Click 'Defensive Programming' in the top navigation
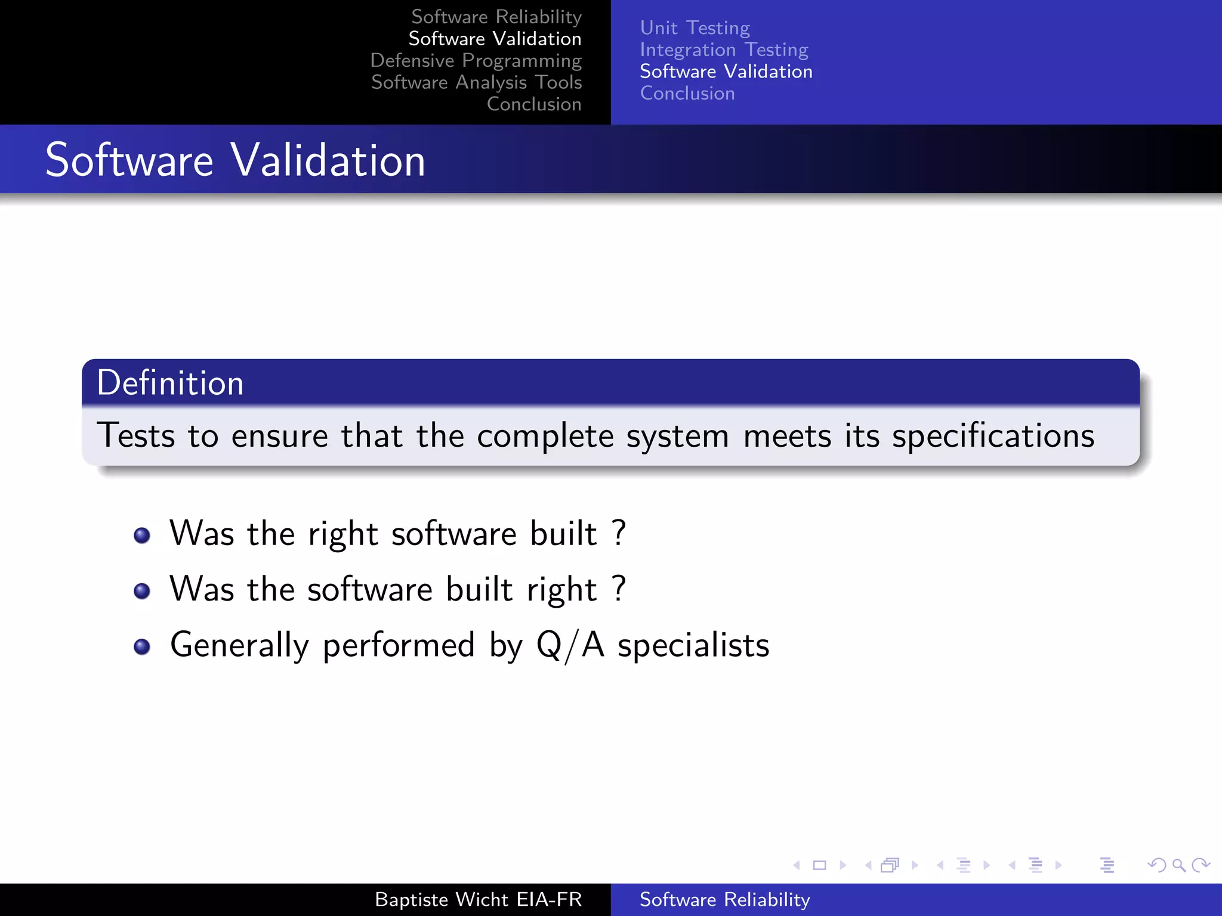coord(476,61)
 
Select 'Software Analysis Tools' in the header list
coord(476,82)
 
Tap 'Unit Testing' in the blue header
coord(695,28)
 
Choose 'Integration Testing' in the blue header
coord(724,49)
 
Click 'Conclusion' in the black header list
coord(533,104)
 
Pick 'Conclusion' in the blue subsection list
coord(687,94)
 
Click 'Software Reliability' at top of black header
coord(496,17)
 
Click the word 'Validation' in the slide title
coord(328,160)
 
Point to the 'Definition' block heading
coord(170,383)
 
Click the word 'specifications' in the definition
coord(993,437)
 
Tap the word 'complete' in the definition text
coord(545,437)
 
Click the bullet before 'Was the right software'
coord(142,536)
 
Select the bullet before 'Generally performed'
coord(142,647)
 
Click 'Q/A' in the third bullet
coord(570,646)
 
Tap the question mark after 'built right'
coord(619,588)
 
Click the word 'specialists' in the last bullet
coord(693,646)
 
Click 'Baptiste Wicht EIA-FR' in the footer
coord(478,899)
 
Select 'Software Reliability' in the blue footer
coord(724,899)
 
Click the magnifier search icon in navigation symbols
coord(1178,865)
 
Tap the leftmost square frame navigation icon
coord(819,865)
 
